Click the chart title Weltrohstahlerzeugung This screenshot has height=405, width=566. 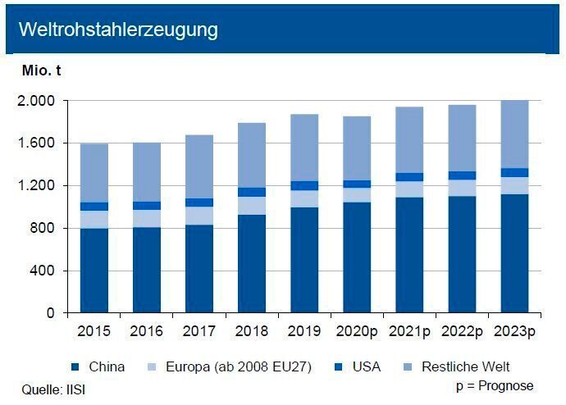(118, 30)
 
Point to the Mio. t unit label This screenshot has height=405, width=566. (42, 71)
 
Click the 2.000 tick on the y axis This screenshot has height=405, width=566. (37, 101)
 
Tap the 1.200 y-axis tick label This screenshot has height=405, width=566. (37, 186)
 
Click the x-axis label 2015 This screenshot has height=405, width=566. (94, 333)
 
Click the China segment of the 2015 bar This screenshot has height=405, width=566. (94, 271)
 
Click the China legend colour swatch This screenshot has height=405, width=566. (75, 366)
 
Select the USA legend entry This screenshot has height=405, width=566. (366, 366)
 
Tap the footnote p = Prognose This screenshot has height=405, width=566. (495, 385)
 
